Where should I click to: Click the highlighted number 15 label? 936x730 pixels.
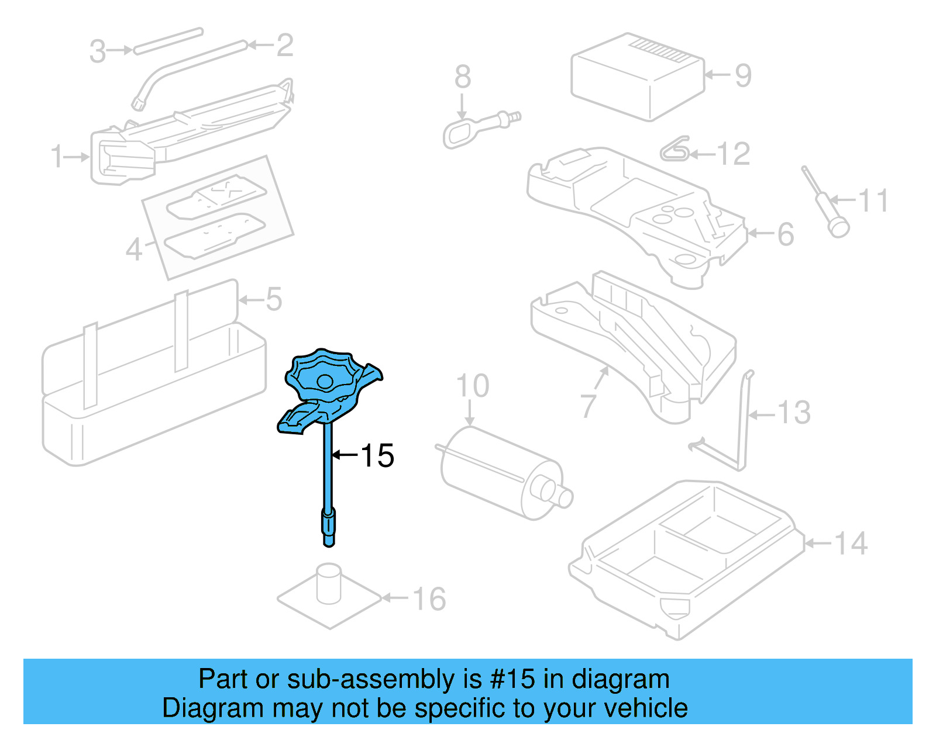pos(377,455)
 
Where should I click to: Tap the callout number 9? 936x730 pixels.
pos(742,75)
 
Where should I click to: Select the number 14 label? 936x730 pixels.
pos(850,544)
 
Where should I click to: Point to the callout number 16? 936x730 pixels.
pos(429,599)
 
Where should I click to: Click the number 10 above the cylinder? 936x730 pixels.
pos(473,386)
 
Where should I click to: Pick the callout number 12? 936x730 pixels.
pos(732,154)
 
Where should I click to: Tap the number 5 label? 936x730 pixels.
pos(274,299)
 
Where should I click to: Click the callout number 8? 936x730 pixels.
pos(462,77)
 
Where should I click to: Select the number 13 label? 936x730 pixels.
pos(794,413)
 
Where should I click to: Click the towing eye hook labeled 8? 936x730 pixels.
pos(459,132)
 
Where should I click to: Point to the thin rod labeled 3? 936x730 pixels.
pos(168,40)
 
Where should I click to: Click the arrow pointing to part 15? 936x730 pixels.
pos(345,454)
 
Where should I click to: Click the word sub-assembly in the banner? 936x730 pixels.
pos(370,679)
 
